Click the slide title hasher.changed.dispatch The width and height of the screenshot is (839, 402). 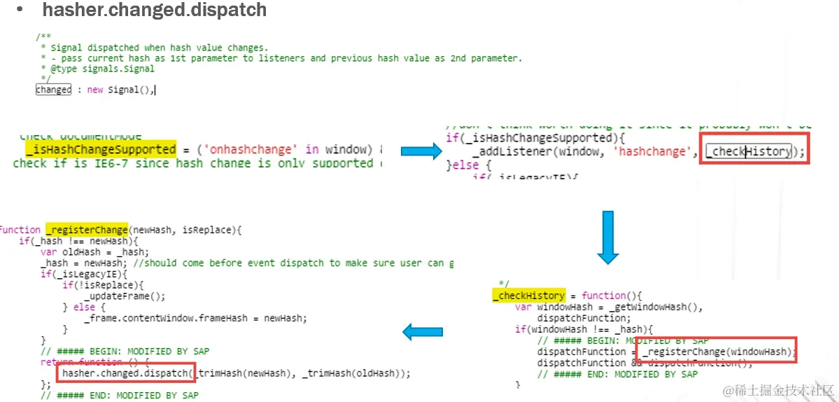click(155, 11)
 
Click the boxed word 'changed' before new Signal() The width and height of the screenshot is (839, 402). click(54, 90)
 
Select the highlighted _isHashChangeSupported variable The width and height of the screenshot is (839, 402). click(101, 149)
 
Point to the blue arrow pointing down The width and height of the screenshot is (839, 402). click(607, 237)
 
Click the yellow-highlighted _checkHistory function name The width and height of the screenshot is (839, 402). click(528, 296)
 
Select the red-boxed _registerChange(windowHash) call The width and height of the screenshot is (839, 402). click(719, 352)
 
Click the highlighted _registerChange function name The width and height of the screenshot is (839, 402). click(87, 230)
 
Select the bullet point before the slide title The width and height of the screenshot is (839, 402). click(20, 11)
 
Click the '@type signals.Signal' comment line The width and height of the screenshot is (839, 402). click(97, 69)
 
